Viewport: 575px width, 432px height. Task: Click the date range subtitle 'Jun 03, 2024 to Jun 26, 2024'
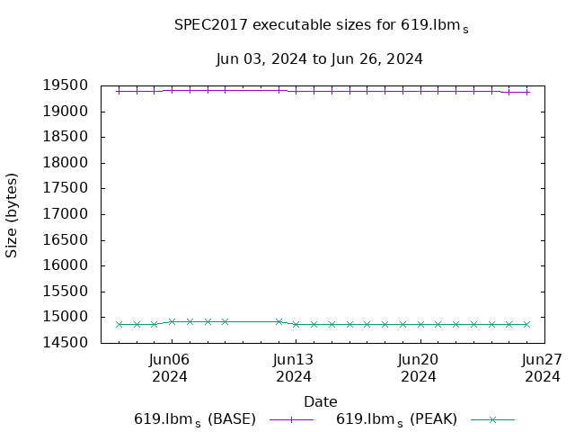coord(319,59)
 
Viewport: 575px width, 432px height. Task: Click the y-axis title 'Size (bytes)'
coord(13,214)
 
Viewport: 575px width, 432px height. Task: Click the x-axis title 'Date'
coord(321,401)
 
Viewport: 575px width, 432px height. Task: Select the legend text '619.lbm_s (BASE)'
coord(195,419)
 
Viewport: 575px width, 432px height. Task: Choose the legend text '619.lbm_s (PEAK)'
coord(396,419)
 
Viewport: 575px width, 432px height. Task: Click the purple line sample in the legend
coord(291,419)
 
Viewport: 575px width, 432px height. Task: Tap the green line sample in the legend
coord(492,419)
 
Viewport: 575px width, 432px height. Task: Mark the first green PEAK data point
coord(119,324)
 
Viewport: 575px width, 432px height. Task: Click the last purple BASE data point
coord(526,92)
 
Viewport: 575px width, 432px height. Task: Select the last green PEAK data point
coord(526,324)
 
